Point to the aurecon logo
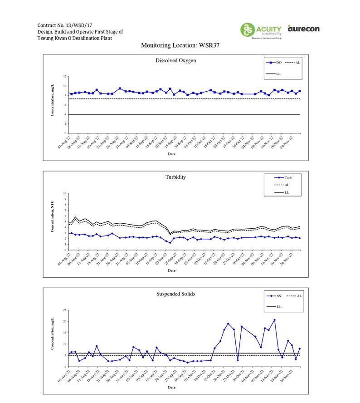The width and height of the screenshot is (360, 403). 303,29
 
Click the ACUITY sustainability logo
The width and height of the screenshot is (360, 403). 261,30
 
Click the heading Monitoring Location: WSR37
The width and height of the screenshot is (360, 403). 180,45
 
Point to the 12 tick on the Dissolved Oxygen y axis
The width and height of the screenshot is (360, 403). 65,77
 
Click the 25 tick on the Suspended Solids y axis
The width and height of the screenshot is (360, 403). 65,310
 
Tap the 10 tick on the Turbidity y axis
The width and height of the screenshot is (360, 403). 65,193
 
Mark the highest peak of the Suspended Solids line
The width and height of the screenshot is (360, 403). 274,320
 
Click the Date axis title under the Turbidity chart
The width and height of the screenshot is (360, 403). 171,270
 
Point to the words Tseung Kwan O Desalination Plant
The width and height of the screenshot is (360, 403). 75,38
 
